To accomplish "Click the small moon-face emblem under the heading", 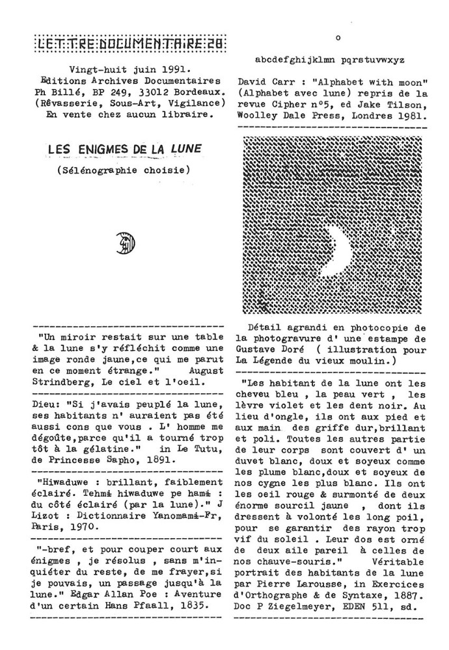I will click(126, 242).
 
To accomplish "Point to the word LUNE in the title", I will click(185, 149).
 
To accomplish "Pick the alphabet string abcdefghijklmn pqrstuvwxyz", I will click(329, 59).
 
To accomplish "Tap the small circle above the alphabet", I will click(338, 38).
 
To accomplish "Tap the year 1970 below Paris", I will click(83, 528).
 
